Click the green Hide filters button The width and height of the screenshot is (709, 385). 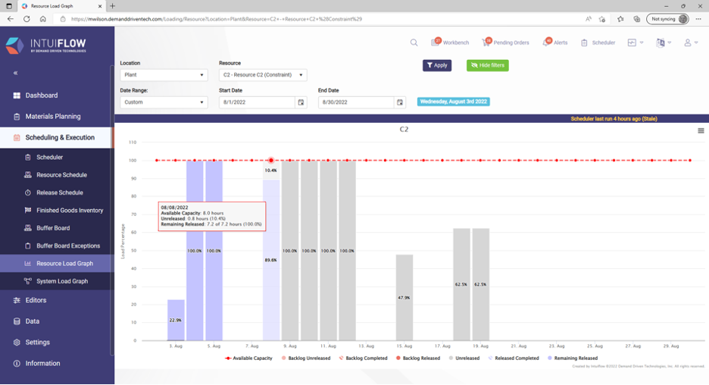coord(487,66)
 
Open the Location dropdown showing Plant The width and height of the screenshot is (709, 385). coord(164,75)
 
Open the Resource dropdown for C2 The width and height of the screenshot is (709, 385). coord(263,75)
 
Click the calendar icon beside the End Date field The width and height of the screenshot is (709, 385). coord(401,102)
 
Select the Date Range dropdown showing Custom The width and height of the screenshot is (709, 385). coord(164,102)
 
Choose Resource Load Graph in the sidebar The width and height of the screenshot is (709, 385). coord(64,264)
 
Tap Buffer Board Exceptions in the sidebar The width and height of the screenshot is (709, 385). coord(68,246)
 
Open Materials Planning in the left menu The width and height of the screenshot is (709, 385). coord(52,117)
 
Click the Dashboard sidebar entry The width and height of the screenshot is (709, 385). coord(41,95)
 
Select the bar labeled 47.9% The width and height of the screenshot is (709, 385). coord(404,297)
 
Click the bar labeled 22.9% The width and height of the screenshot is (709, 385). coord(176,320)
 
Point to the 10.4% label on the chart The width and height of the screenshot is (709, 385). coord(270,171)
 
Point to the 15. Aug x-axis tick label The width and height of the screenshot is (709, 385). coord(404,346)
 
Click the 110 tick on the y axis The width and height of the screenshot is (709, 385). coord(132,142)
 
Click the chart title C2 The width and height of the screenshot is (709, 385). coord(404,130)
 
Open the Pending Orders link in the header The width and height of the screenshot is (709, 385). coord(506,43)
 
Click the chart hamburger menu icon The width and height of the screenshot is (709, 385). coord(701,131)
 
